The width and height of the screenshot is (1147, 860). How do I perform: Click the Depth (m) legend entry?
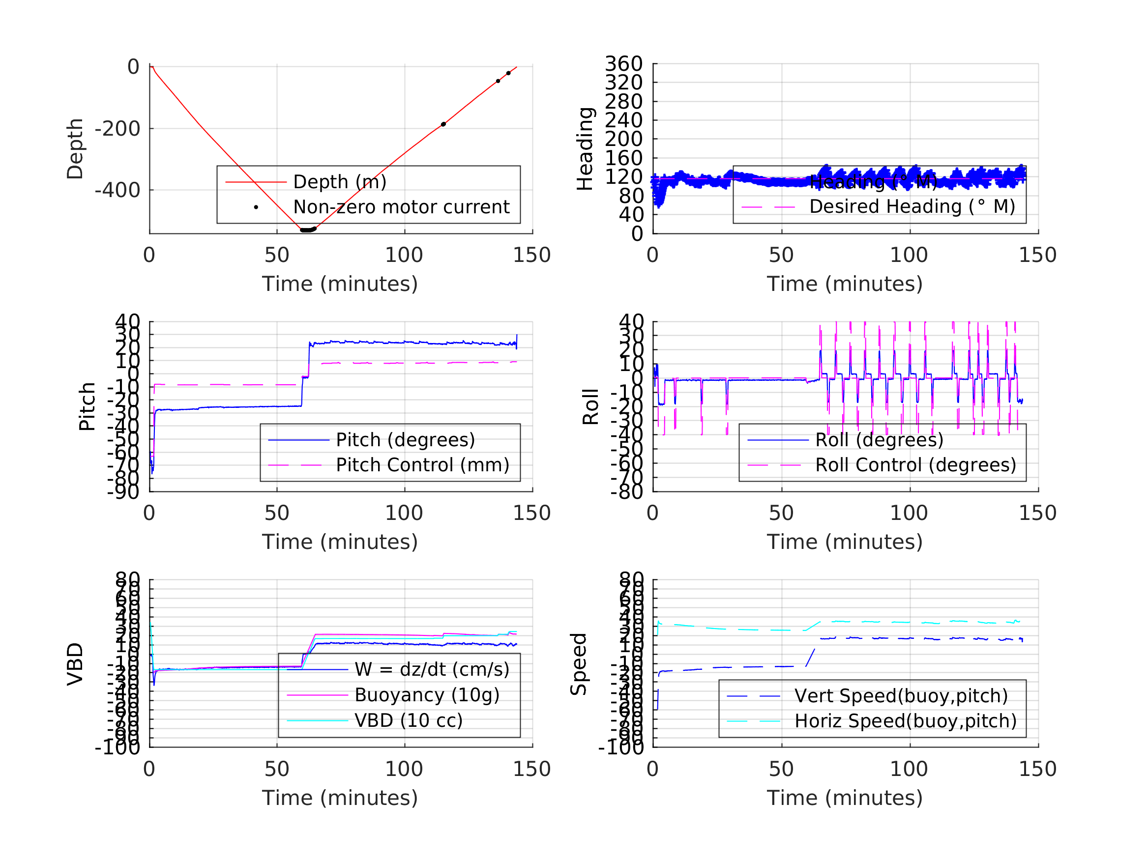(340, 182)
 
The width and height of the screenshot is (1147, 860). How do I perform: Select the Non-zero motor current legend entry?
(401, 207)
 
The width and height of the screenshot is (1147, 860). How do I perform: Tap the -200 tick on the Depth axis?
(117, 129)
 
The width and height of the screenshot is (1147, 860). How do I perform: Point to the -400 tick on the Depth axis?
(117, 190)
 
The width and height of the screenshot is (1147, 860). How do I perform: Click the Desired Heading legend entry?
(912, 207)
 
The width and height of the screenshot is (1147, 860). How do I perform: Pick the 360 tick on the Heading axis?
(623, 64)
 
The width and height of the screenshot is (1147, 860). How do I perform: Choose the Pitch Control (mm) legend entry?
(422, 465)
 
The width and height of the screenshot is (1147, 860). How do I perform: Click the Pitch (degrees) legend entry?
(405, 440)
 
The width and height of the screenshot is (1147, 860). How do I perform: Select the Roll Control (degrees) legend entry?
(915, 465)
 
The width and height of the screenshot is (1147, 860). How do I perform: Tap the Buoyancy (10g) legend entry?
(427, 695)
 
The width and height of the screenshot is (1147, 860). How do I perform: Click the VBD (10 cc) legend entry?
(408, 720)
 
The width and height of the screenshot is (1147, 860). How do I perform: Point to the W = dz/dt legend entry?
(432, 669)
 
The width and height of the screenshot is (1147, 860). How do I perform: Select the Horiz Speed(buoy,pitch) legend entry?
(906, 721)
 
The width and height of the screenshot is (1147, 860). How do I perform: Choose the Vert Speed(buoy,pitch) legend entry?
(901, 696)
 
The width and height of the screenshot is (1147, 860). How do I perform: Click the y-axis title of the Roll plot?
(590, 407)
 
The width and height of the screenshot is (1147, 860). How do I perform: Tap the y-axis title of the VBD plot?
(76, 664)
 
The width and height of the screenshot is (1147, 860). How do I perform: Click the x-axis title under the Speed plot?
(845, 797)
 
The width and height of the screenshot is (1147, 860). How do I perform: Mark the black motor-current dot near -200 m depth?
(443, 124)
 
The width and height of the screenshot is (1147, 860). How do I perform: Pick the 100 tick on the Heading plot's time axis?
(909, 255)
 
